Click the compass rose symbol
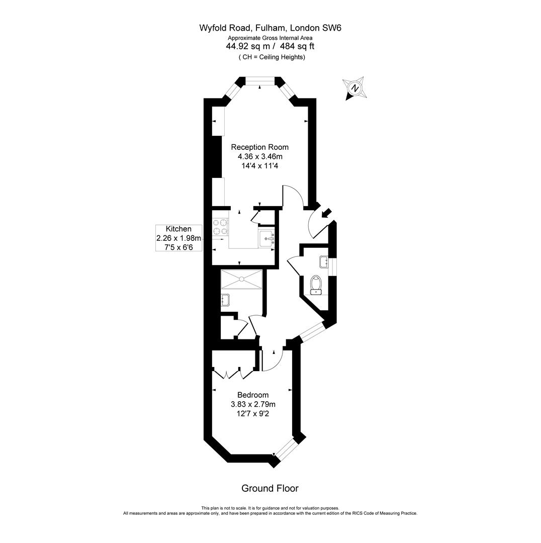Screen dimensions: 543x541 [x=355, y=88]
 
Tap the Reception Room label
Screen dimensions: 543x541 [x=259, y=147]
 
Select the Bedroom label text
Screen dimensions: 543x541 [x=253, y=395]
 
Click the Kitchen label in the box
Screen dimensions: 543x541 [x=178, y=229]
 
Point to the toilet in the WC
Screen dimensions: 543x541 [x=316, y=284]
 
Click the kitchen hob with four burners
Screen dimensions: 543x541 [x=220, y=226]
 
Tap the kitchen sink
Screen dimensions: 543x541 [x=266, y=238]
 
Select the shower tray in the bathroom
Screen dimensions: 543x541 [x=242, y=279]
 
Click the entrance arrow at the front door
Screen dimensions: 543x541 [x=326, y=213]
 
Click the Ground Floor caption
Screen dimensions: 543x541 [x=270, y=488]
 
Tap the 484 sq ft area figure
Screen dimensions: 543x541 [x=297, y=46]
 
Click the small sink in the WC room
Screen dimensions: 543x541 [x=323, y=261]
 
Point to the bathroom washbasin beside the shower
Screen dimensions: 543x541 [x=225, y=300]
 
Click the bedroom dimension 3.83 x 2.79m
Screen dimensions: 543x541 [x=253, y=404]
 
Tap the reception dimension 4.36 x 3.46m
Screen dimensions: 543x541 [x=259, y=156]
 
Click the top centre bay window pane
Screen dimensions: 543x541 [x=259, y=80]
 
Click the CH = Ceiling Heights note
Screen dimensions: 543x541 [x=272, y=57]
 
